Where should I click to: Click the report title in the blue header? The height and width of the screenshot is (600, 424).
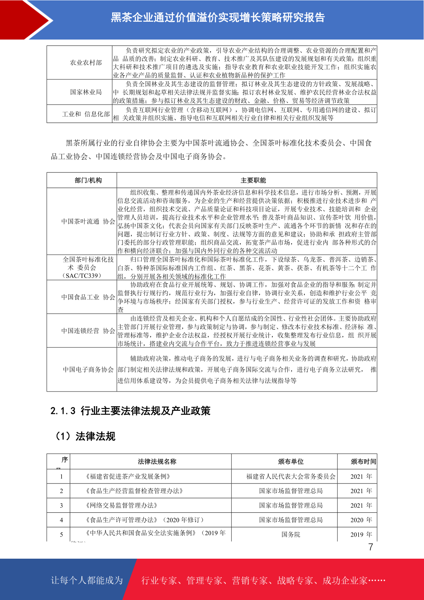pos(218,17)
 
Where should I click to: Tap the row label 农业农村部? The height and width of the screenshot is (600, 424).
pos(86,63)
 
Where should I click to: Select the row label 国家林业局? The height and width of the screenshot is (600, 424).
pos(86,92)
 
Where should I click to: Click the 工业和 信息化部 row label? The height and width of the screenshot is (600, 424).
pos(86,114)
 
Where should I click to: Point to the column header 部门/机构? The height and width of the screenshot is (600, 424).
pos(88,180)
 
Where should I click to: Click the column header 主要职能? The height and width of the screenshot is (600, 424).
pos(253,180)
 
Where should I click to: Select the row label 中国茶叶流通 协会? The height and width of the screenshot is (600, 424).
pos(88,222)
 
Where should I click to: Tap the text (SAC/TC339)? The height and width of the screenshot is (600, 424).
pos(82,276)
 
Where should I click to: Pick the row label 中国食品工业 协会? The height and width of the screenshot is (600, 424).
pos(88,297)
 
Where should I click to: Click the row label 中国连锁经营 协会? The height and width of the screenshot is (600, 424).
pos(88,331)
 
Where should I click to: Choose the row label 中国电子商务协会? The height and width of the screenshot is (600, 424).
pos(88,369)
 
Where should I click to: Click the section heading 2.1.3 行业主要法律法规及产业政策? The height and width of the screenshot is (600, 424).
pos(130,411)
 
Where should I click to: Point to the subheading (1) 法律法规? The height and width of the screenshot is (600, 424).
pos(84,436)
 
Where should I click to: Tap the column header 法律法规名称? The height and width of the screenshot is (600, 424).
pos(157,461)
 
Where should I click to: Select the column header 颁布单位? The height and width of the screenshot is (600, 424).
pos(290,461)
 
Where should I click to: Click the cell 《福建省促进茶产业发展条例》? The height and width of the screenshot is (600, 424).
pos(128,476)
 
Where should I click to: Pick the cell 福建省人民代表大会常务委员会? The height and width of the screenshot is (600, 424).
pos(290,476)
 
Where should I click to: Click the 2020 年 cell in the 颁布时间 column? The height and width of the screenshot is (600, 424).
pos(361,520)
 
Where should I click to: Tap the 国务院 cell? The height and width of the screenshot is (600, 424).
pos(290,534)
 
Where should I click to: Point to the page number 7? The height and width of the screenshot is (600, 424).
pos(371,547)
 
